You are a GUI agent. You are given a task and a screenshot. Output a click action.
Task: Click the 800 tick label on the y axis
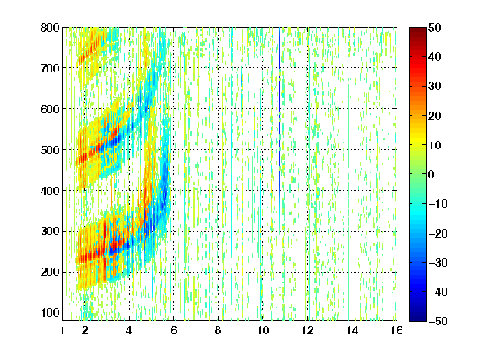(x=50, y=27)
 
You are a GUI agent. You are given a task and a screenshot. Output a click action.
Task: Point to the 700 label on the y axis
(x=50, y=68)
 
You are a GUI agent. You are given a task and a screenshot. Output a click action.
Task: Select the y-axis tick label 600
(x=50, y=109)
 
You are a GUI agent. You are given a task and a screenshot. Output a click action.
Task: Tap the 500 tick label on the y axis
(x=50, y=150)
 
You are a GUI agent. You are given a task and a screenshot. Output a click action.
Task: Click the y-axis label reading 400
(x=50, y=191)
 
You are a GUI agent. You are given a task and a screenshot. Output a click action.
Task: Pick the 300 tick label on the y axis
(x=50, y=232)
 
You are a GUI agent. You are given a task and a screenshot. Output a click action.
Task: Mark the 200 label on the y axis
(x=50, y=272)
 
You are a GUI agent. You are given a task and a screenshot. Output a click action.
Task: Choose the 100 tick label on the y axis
(x=50, y=312)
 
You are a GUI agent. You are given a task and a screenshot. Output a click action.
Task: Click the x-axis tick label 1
(x=62, y=330)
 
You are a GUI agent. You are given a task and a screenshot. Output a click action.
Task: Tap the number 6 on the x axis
(x=174, y=330)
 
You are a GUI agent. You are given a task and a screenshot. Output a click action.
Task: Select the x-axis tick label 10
(x=263, y=330)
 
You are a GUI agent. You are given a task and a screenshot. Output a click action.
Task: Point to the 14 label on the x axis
(x=352, y=330)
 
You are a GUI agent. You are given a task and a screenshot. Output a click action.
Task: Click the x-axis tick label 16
(x=397, y=330)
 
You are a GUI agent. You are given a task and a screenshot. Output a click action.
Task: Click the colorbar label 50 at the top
(x=435, y=27)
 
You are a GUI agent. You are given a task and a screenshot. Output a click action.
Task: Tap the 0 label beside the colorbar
(x=432, y=174)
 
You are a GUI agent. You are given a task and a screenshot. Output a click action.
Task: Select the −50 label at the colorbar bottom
(x=438, y=321)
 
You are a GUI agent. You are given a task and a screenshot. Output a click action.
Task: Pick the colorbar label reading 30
(x=435, y=87)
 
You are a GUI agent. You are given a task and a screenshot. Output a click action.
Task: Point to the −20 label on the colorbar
(x=438, y=233)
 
